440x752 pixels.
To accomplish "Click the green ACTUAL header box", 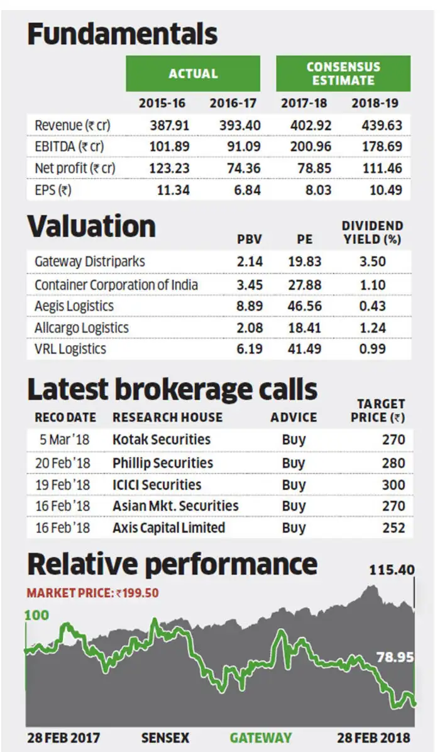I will (x=192, y=74).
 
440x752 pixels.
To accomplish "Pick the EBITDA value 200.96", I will (x=311, y=147).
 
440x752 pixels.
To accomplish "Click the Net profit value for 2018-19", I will (x=382, y=168).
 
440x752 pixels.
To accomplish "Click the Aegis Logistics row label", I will (x=74, y=306).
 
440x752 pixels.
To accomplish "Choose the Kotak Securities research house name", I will (x=162, y=440).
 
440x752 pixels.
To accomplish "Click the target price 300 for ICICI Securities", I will (x=393, y=485).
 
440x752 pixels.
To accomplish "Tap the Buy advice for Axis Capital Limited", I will (x=294, y=528).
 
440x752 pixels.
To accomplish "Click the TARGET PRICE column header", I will (x=380, y=410).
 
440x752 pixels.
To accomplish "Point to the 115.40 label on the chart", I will (x=392, y=570).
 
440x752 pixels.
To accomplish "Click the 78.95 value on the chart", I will (x=394, y=658).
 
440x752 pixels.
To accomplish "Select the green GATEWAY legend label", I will (x=260, y=738).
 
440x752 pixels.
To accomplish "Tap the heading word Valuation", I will (x=92, y=227).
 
